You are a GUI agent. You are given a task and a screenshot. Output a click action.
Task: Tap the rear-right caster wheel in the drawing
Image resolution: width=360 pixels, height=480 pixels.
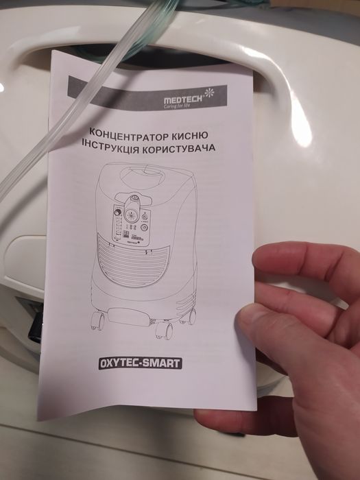tap(192, 316)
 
